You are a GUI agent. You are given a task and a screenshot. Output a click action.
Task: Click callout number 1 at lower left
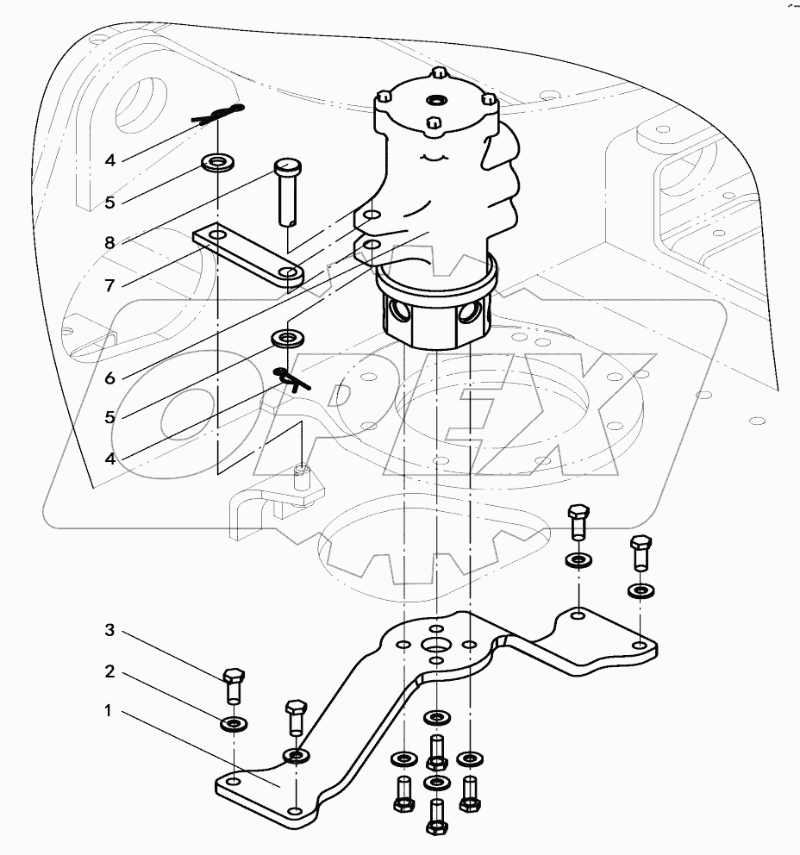[x=109, y=712]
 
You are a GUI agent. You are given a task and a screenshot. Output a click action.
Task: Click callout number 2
[x=109, y=671]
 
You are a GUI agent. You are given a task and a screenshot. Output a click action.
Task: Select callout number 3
[x=109, y=631]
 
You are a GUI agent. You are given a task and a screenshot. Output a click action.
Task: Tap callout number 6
[x=109, y=378]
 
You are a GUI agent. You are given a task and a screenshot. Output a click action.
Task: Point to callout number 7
[x=109, y=286]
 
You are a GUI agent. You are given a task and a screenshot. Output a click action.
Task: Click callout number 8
[x=109, y=244]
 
